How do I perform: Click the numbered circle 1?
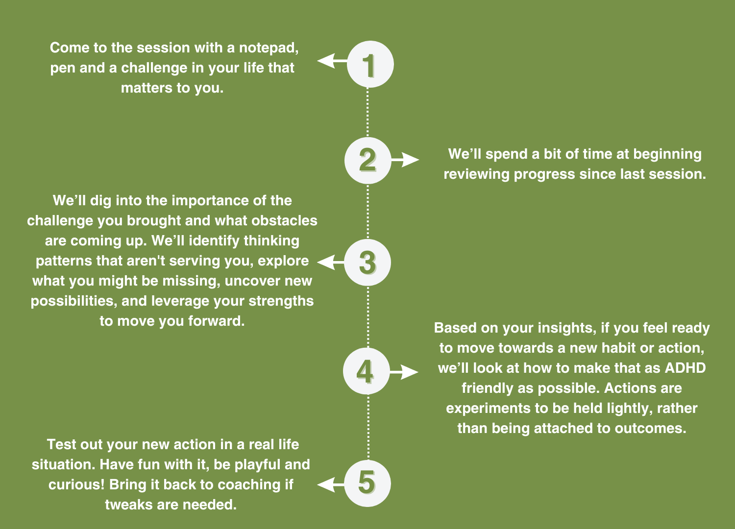[370, 64]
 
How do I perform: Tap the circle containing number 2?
[367, 160]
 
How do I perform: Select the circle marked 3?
[367, 263]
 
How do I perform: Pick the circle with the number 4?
[366, 372]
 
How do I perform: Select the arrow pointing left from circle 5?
[331, 484]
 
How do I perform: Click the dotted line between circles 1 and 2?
[368, 113]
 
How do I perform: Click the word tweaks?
[128, 505]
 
